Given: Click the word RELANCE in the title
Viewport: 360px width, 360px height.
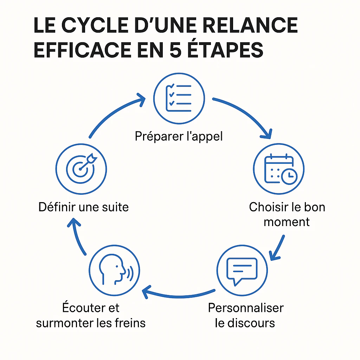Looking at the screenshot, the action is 250,25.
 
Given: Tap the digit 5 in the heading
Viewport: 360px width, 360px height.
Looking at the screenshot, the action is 176,50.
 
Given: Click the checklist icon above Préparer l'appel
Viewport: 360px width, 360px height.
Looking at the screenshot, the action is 179,98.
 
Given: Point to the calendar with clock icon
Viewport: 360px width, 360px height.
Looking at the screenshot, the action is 281,169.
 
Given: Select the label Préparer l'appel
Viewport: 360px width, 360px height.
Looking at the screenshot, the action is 179,136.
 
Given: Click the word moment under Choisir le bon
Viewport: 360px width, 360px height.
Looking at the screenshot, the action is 287,222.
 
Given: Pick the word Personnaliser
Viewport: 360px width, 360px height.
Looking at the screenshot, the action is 246,308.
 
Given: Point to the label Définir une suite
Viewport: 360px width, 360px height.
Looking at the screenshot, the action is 84,207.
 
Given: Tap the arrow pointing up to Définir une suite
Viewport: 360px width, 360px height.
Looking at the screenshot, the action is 77,237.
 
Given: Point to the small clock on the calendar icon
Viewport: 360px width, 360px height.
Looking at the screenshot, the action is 289,176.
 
